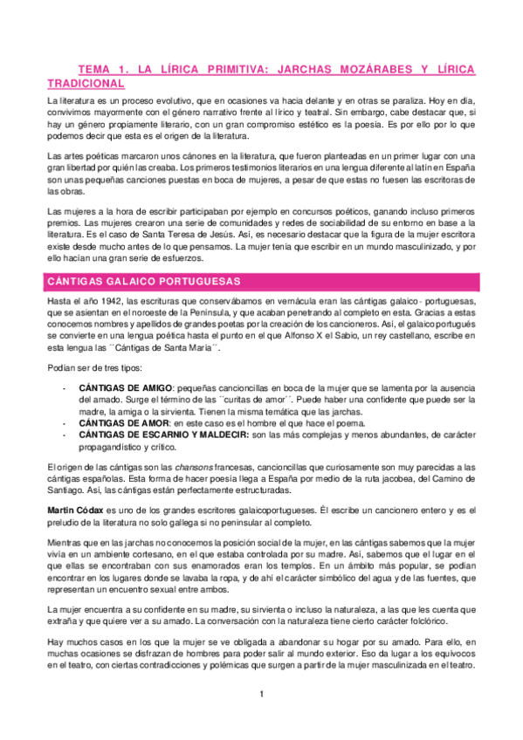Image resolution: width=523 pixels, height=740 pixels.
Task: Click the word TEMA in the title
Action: click(94, 68)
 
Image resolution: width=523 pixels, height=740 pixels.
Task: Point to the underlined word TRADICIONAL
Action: click(86, 83)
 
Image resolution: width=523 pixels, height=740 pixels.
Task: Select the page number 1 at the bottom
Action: click(260, 694)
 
